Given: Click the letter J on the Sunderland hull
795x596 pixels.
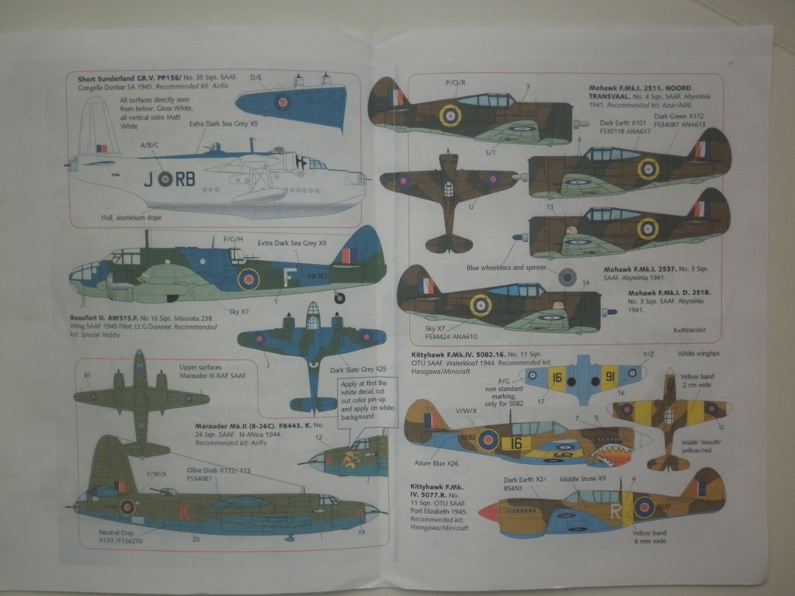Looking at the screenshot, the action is pyautogui.click(x=148, y=179).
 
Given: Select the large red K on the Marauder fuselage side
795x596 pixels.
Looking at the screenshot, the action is pyautogui.click(x=184, y=511).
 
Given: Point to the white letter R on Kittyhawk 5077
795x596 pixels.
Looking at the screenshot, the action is pyautogui.click(x=616, y=511).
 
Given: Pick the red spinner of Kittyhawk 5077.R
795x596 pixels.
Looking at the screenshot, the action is pyautogui.click(x=488, y=511).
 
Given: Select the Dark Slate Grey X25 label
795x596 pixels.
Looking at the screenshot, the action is pyautogui.click(x=352, y=369).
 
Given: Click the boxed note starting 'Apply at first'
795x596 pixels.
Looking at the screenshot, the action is pyautogui.click(x=367, y=402).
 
